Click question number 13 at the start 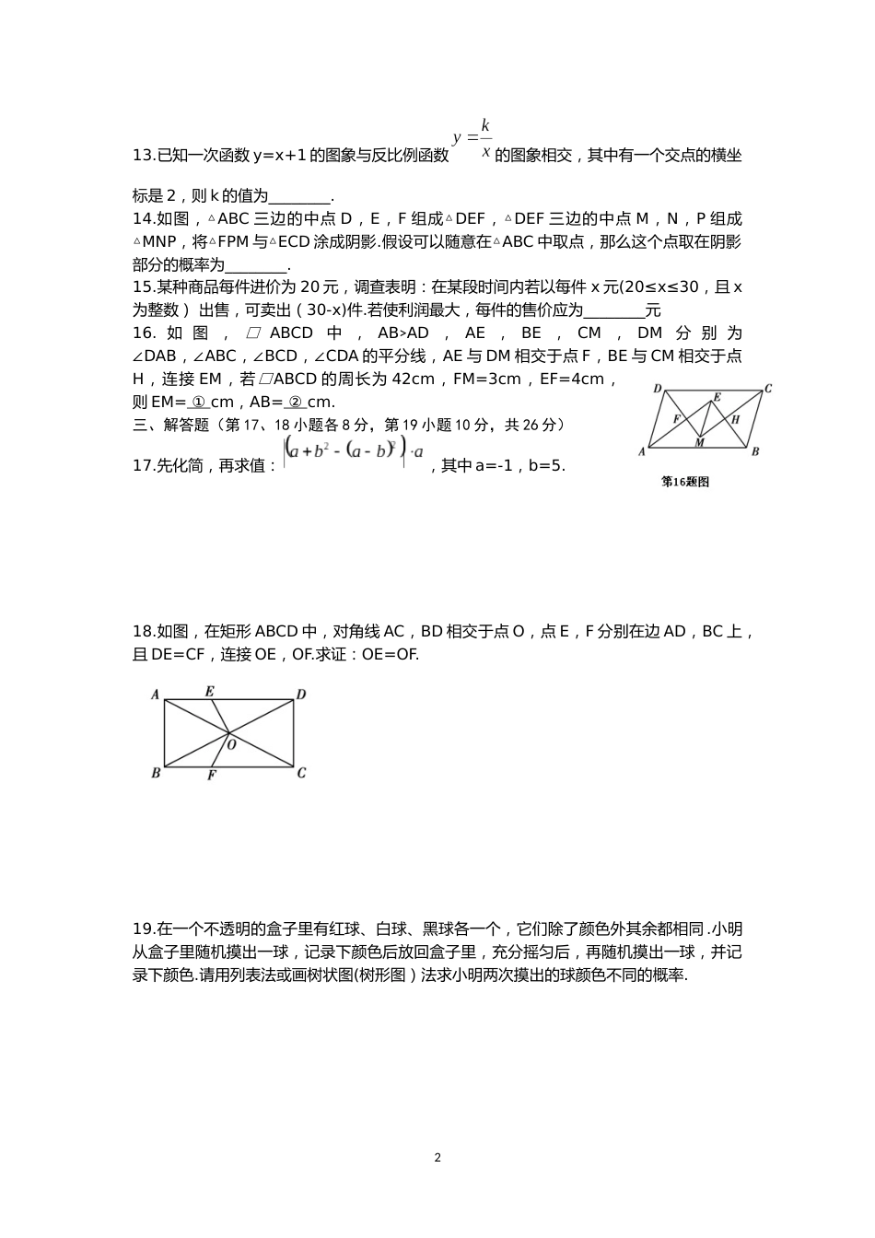pyautogui.click(x=144, y=156)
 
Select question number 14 pyautogui.click(x=144, y=219)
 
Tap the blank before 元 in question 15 pyautogui.click(x=614, y=310)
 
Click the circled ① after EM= pyautogui.click(x=198, y=403)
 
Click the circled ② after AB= pyautogui.click(x=296, y=403)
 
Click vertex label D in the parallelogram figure pyautogui.click(x=658, y=389)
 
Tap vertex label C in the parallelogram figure pyautogui.click(x=767, y=389)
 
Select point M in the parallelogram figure pyautogui.click(x=699, y=443)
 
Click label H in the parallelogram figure pyautogui.click(x=735, y=420)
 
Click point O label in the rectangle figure pyautogui.click(x=231, y=744)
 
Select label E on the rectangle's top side pyautogui.click(x=210, y=691)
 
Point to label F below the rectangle pyautogui.click(x=211, y=776)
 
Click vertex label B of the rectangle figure pyautogui.click(x=156, y=773)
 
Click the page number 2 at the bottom pyautogui.click(x=437, y=1158)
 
